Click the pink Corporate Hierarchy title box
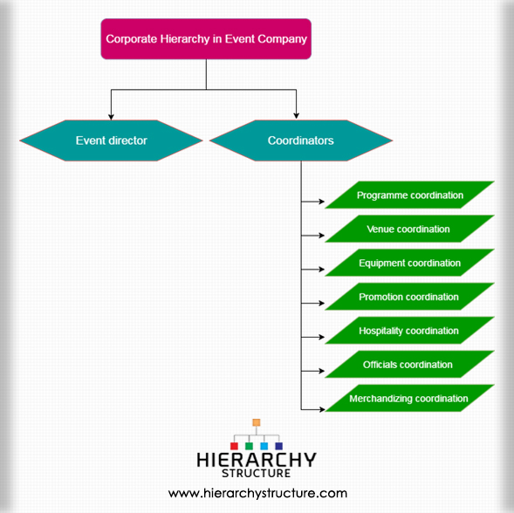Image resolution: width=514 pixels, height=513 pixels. pyautogui.click(x=206, y=38)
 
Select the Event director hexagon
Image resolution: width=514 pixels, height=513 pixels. pyautogui.click(x=111, y=140)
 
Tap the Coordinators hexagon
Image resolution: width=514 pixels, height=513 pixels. pyautogui.click(x=301, y=140)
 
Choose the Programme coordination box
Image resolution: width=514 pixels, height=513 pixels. pyautogui.click(x=410, y=195)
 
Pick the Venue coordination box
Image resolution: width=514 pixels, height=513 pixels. pyautogui.click(x=410, y=229)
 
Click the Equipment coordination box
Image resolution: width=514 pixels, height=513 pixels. pyautogui.click(x=410, y=263)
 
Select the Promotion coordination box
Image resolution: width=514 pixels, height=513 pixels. pyautogui.click(x=410, y=297)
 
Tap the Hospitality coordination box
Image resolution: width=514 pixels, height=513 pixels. pyautogui.click(x=410, y=331)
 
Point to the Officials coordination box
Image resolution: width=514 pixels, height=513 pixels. pyautogui.click(x=410, y=364)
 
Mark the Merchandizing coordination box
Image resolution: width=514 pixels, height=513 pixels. pyautogui.click(x=410, y=398)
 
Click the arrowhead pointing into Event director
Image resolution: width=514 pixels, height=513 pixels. pyautogui.click(x=111, y=117)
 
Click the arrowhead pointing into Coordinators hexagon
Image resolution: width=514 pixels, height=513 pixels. pyautogui.click(x=297, y=116)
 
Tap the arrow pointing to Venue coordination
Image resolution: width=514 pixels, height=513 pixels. pyautogui.click(x=312, y=236)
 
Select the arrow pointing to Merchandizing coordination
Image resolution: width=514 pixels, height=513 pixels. pyautogui.click(x=312, y=409)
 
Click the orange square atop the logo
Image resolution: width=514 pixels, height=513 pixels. pyautogui.click(x=257, y=422)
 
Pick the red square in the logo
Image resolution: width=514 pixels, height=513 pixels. pyautogui.click(x=234, y=446)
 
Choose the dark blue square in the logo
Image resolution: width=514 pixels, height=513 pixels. pyautogui.click(x=279, y=446)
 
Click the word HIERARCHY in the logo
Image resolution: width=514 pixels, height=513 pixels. pyautogui.click(x=257, y=460)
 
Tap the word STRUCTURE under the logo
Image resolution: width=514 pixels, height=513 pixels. pyautogui.click(x=257, y=474)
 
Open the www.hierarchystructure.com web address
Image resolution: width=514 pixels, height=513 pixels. pyautogui.click(x=257, y=493)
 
